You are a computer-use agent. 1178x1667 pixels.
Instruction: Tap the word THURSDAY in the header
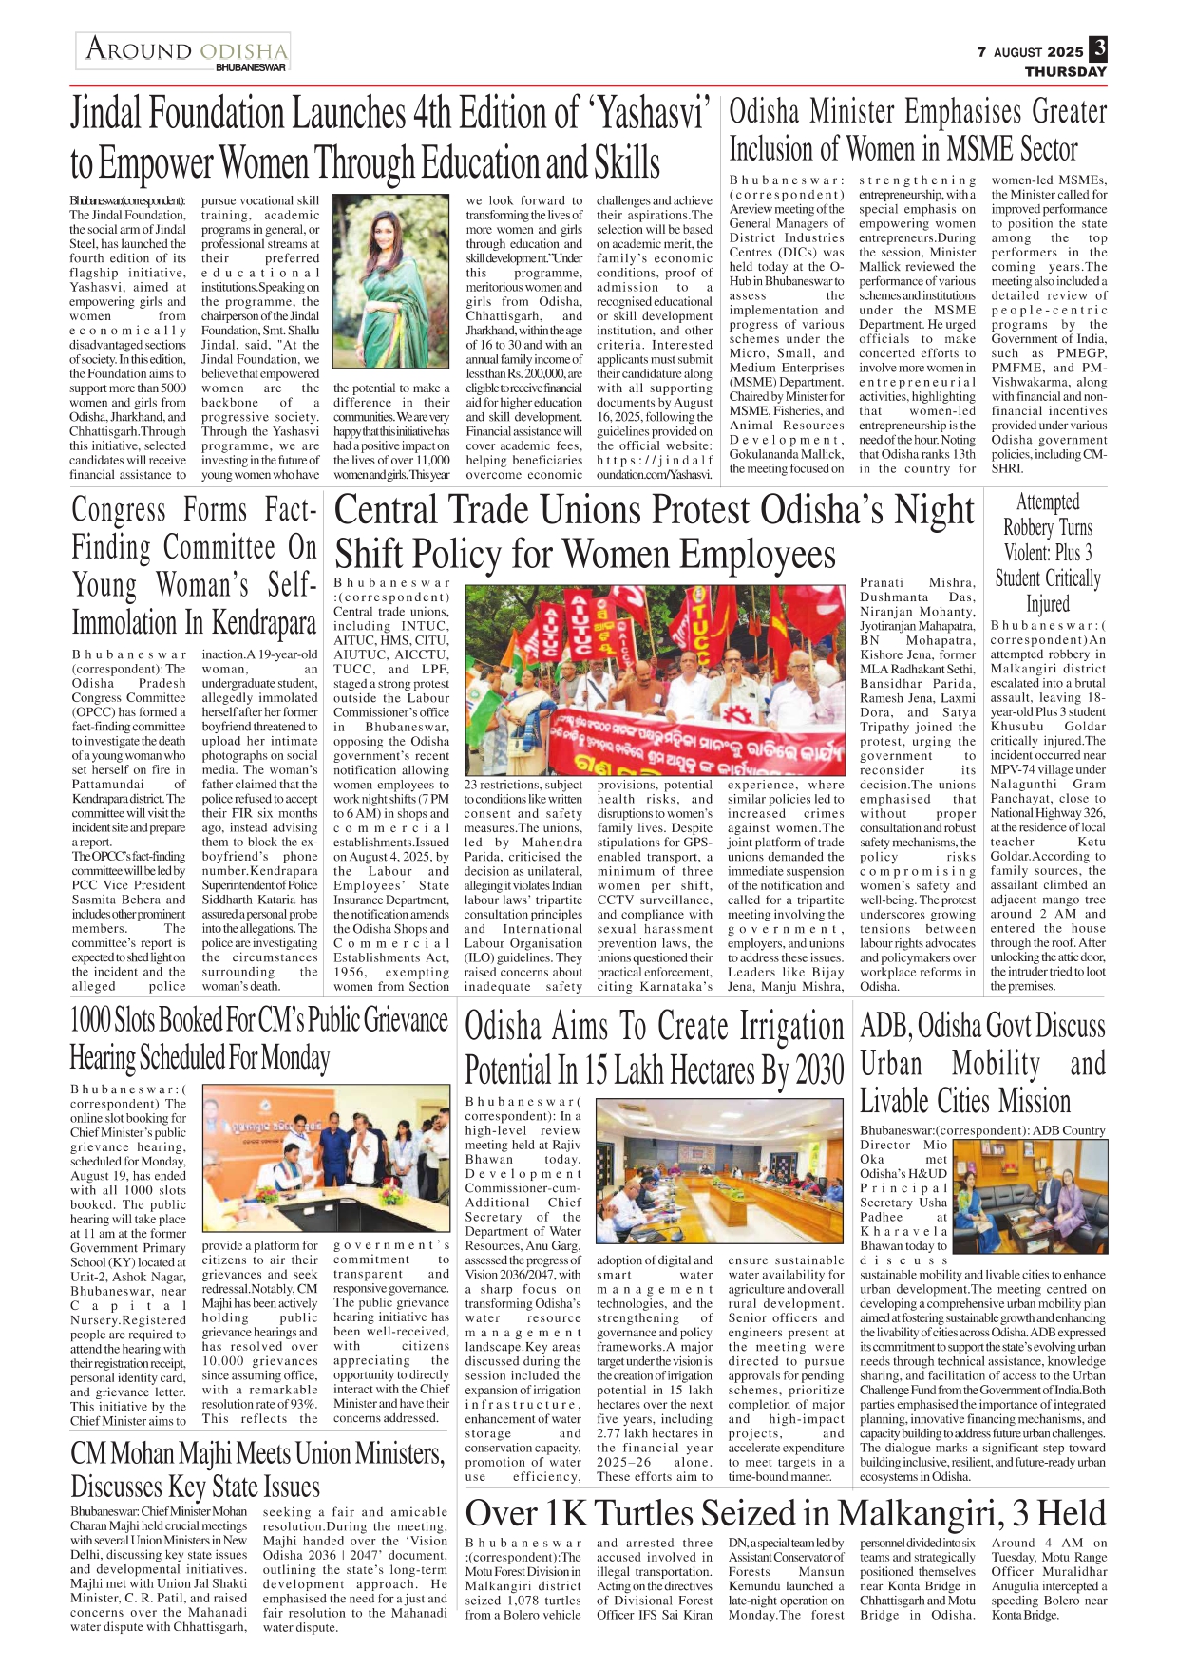(1065, 71)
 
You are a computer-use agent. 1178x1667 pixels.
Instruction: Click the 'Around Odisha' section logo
(183, 51)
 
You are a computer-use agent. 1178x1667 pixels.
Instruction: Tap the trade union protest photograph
(655, 679)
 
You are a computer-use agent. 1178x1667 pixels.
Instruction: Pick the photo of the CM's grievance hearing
(326, 1160)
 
